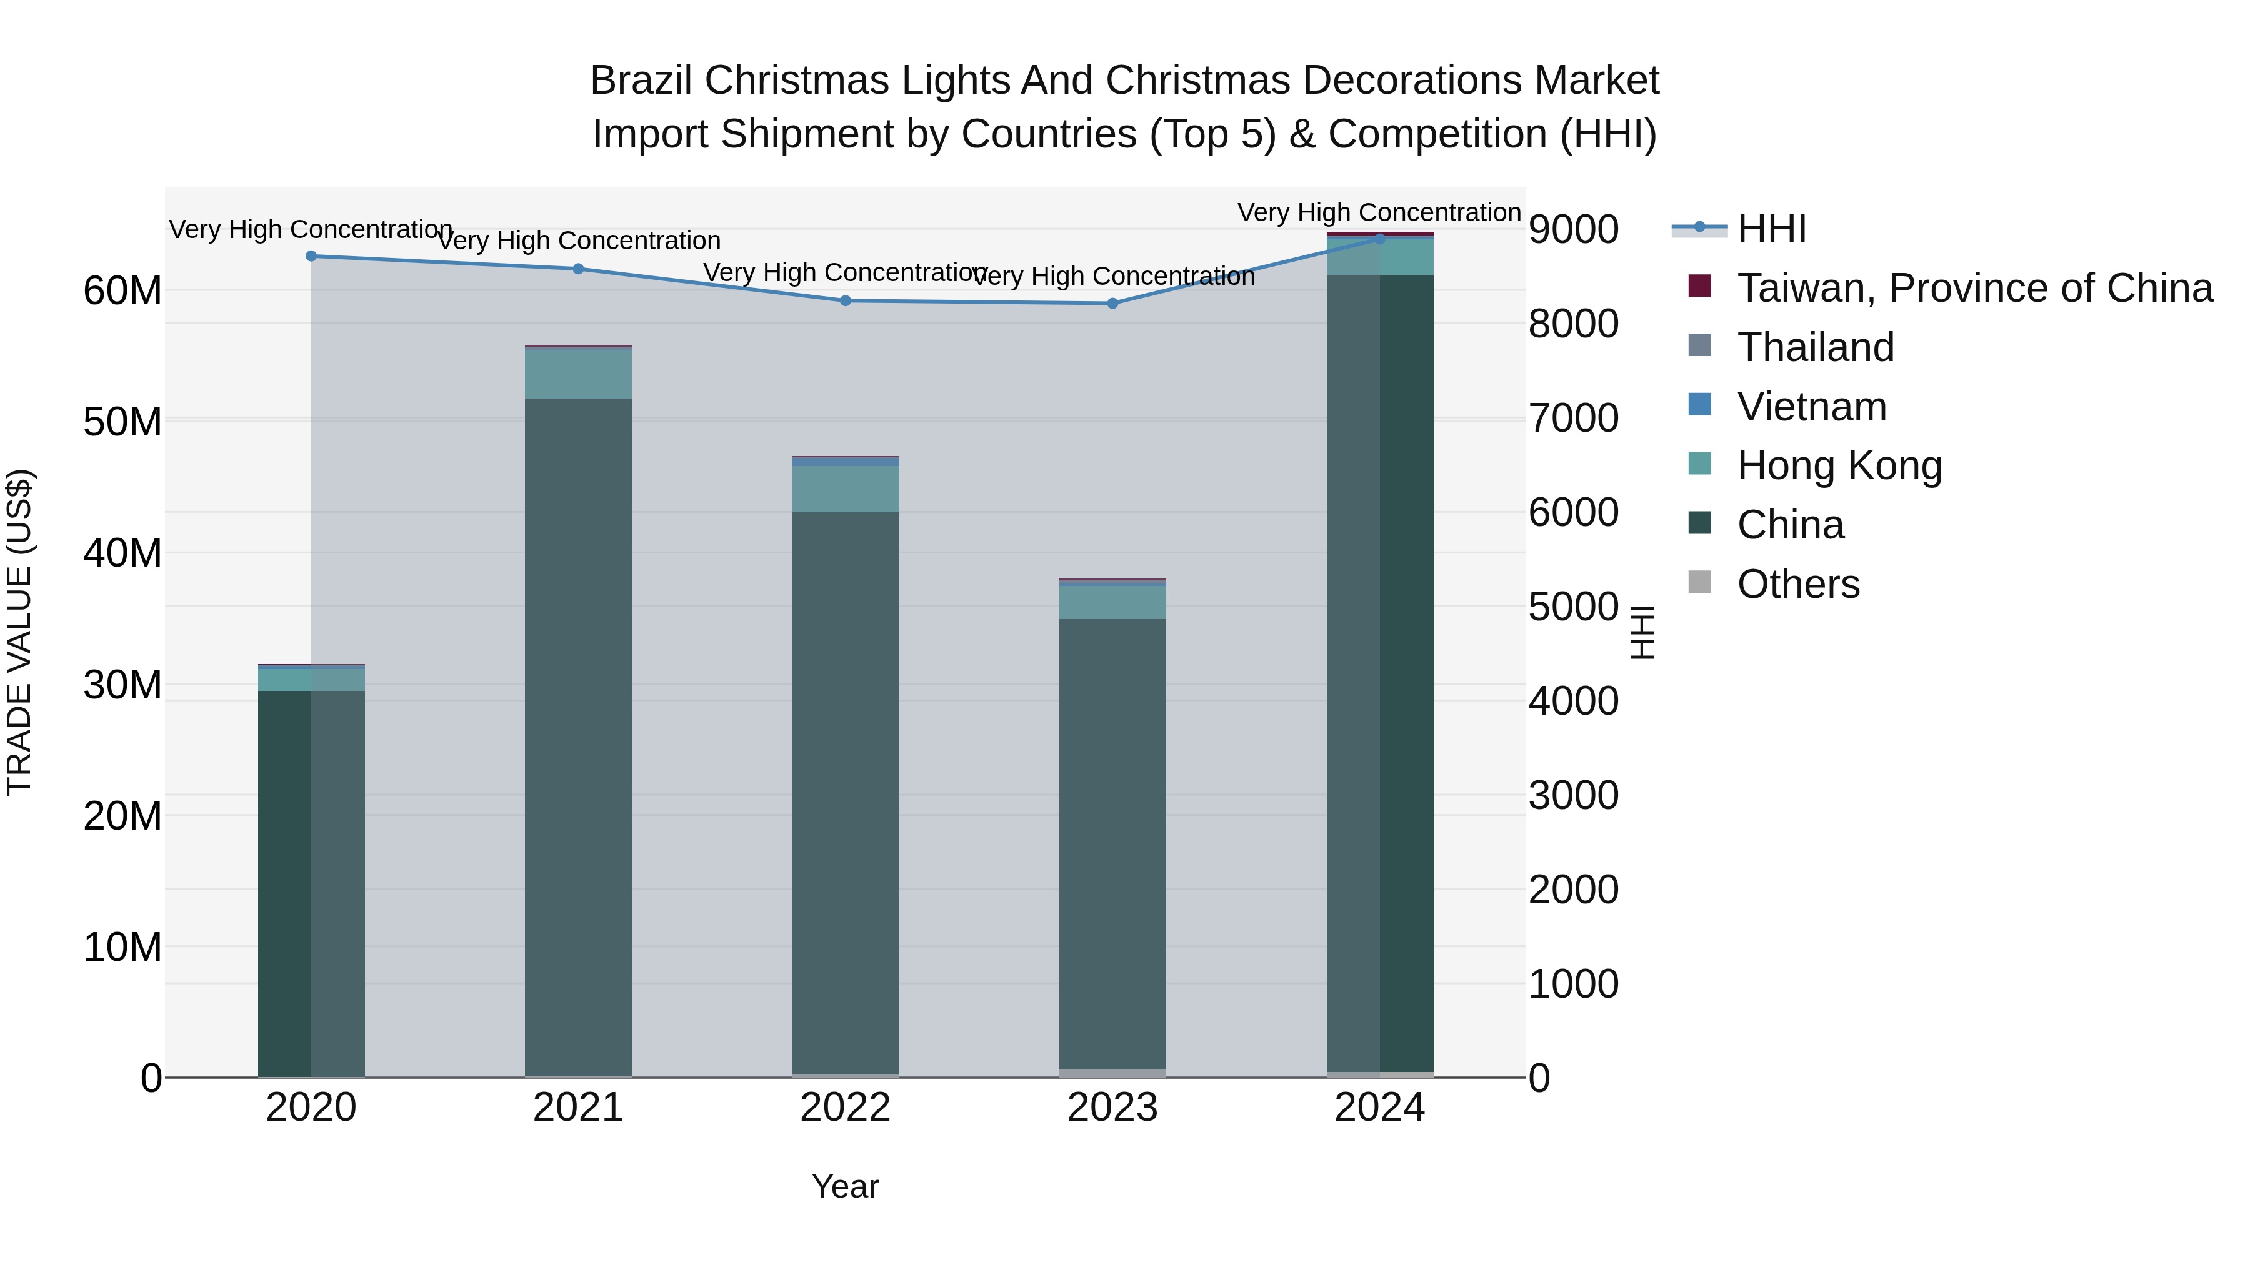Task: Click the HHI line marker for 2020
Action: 311,255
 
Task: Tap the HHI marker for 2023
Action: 1112,303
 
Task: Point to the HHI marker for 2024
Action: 1380,239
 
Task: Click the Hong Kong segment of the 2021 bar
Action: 578,374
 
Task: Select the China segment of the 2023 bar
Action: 1112,843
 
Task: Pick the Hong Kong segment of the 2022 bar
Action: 846,489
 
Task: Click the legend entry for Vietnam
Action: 1811,407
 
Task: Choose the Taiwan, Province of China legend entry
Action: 1974,288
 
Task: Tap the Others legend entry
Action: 1797,584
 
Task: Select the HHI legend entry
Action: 1771,229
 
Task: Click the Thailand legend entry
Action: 1815,347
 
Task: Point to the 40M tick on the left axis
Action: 122,553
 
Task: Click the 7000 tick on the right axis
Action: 1573,417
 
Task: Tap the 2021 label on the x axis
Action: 578,1108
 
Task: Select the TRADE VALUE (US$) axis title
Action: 19,632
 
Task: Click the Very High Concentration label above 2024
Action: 1379,212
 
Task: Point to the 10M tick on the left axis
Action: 122,947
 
